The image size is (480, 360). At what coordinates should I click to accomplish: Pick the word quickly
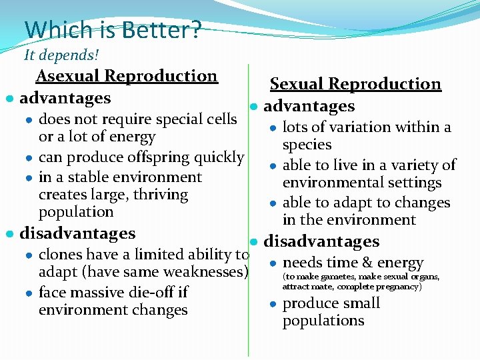coord(219,157)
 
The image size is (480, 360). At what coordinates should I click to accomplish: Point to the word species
coord(307,145)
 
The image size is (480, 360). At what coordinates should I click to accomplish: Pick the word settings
coord(415,183)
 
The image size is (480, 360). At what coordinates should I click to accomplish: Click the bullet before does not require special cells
coord(29,121)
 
